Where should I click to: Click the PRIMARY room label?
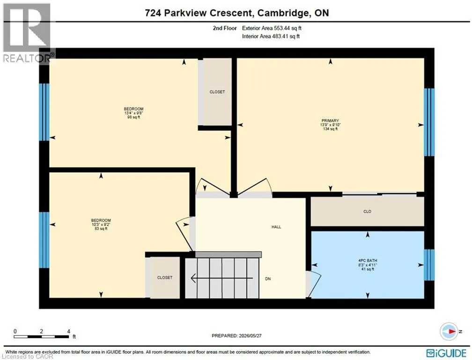click(330, 120)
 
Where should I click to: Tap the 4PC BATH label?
click(368, 261)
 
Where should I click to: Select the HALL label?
click(276, 227)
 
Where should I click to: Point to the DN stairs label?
click(268, 279)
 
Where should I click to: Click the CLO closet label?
click(367, 211)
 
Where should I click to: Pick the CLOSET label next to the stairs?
click(165, 277)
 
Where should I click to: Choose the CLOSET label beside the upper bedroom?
click(217, 92)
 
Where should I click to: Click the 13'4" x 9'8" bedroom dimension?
click(133, 113)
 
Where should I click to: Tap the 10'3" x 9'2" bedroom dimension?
click(101, 225)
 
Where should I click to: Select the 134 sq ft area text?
click(330, 129)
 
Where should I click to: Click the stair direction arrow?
click(222, 278)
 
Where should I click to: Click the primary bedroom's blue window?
click(429, 122)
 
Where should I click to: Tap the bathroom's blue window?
click(429, 265)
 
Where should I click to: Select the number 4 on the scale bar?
click(69, 331)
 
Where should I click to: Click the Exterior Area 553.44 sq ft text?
click(272, 28)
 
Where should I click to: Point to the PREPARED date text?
click(236, 336)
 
